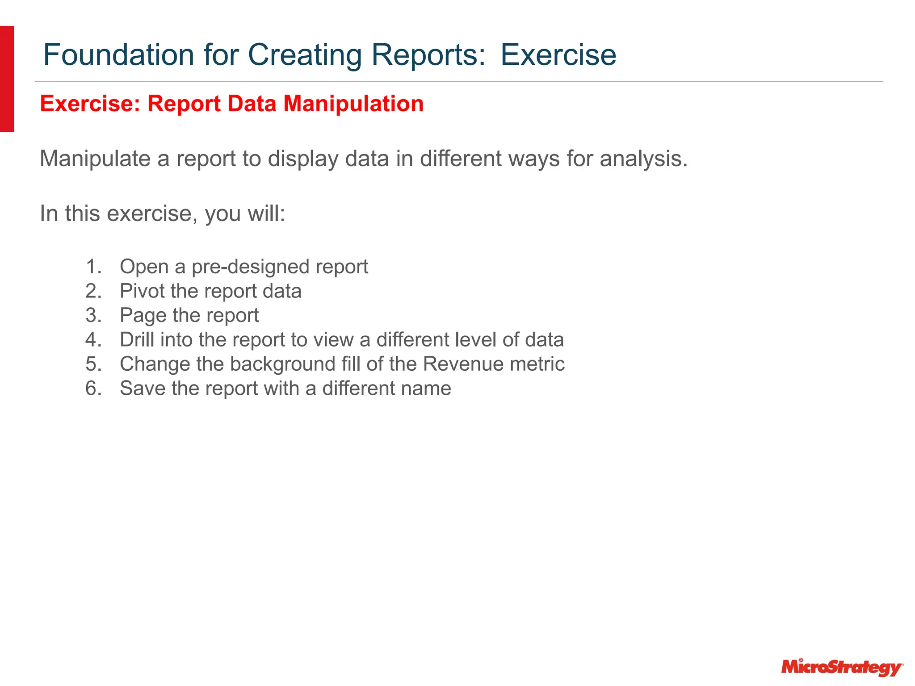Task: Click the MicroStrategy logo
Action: [x=842, y=667]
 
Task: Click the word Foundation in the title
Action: [x=118, y=55]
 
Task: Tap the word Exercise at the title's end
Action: [x=558, y=55]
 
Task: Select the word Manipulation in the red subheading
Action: [x=353, y=104]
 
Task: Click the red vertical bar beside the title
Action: [x=7, y=79]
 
